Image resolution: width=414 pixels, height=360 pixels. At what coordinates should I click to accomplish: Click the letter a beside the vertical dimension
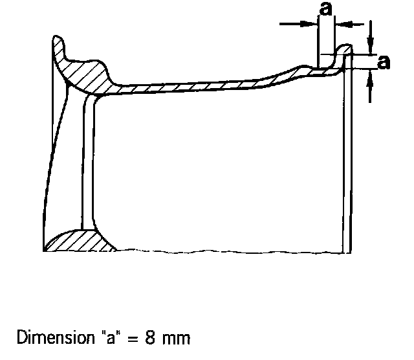click(x=384, y=62)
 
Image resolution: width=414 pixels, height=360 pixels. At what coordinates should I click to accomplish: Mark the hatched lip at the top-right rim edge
click(x=343, y=51)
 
